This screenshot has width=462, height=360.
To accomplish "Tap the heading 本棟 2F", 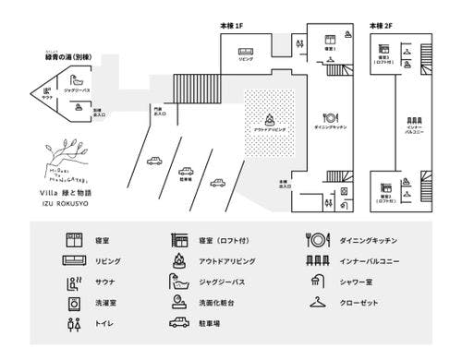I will pyautogui.click(x=382, y=27).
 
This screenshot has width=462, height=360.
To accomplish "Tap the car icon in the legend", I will pyautogui.click(x=179, y=324).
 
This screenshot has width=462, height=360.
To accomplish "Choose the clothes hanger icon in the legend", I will pyautogui.click(x=317, y=303).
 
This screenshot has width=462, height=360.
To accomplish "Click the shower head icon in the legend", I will pyautogui.click(x=317, y=282).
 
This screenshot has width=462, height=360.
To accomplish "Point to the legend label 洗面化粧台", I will pyautogui.click(x=218, y=303).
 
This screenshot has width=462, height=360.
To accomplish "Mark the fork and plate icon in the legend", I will pyautogui.click(x=317, y=240).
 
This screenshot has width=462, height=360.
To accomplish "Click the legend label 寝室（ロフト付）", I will pyautogui.click(x=224, y=240).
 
